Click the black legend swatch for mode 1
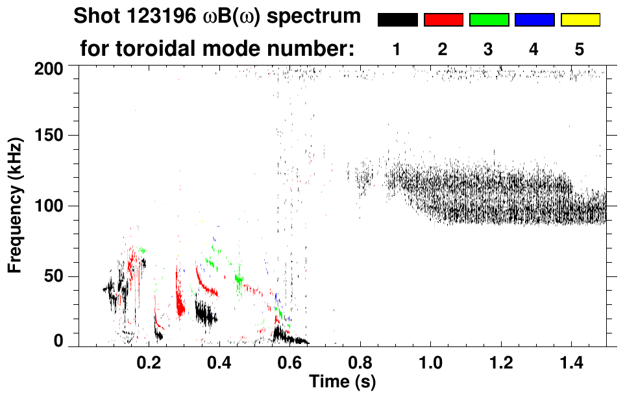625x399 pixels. [x=398, y=20]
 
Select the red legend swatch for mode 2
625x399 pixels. [x=443, y=20]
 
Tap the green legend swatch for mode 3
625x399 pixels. [x=489, y=20]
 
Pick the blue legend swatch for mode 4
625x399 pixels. [x=534, y=20]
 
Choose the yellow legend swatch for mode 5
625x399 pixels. [x=580, y=20]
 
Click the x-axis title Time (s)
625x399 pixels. [x=342, y=381]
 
